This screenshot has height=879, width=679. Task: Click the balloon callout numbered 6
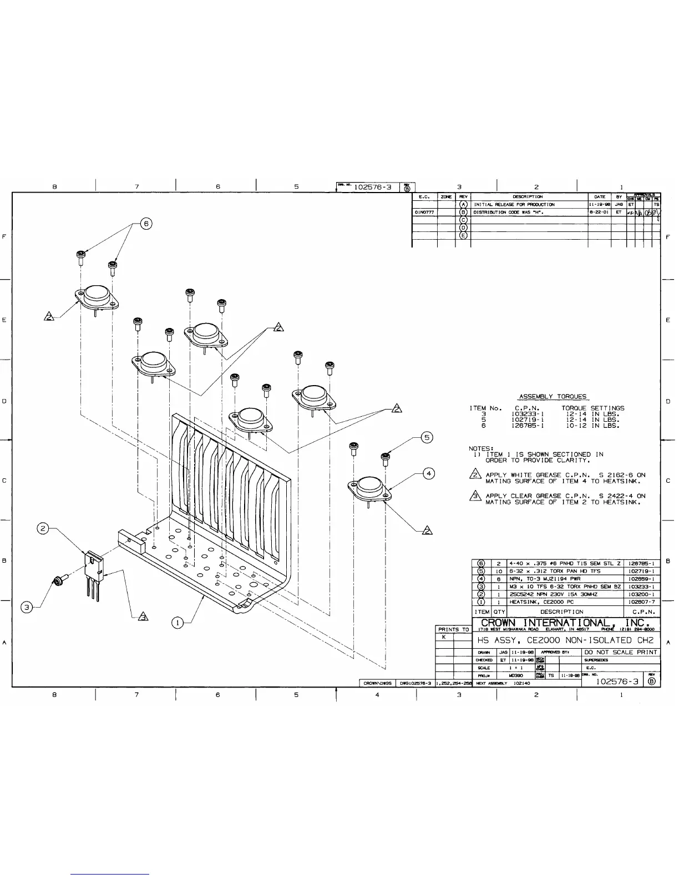[x=146, y=224]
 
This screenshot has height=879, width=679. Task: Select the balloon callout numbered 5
[x=427, y=437]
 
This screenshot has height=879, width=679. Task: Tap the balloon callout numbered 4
[x=428, y=473]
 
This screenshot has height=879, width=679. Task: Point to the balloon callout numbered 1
[x=177, y=623]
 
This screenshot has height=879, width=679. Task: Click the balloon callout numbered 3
[x=26, y=607]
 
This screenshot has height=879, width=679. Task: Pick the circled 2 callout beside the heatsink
[x=43, y=528]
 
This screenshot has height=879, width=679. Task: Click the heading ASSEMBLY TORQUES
[x=553, y=397]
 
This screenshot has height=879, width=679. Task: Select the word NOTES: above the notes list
[x=481, y=448]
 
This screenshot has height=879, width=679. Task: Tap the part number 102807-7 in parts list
[x=641, y=602]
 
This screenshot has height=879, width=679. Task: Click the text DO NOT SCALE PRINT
[x=621, y=652]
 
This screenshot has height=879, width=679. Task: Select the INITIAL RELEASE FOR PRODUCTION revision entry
[x=514, y=204]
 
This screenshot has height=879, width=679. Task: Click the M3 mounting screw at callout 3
[x=58, y=580]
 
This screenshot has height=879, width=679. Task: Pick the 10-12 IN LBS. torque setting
[x=592, y=426]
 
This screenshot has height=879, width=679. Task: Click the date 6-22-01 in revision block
[x=599, y=212]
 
